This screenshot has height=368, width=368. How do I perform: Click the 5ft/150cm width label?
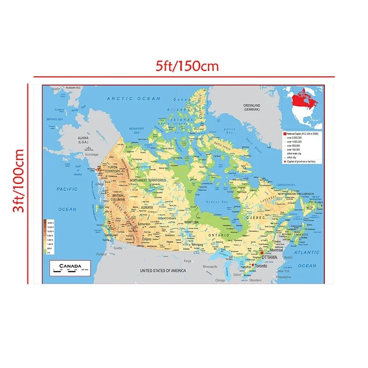click(186, 66)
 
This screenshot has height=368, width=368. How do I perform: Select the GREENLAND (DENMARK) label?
click(252, 107)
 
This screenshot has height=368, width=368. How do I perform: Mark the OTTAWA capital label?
click(269, 257)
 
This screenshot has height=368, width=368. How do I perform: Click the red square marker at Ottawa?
click(262, 253)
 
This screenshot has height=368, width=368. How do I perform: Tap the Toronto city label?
click(261, 266)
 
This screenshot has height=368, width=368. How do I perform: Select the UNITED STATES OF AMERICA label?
click(163, 270)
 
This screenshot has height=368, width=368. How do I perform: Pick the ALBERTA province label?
click(147, 207)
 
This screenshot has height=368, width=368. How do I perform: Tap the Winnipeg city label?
click(197, 244)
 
